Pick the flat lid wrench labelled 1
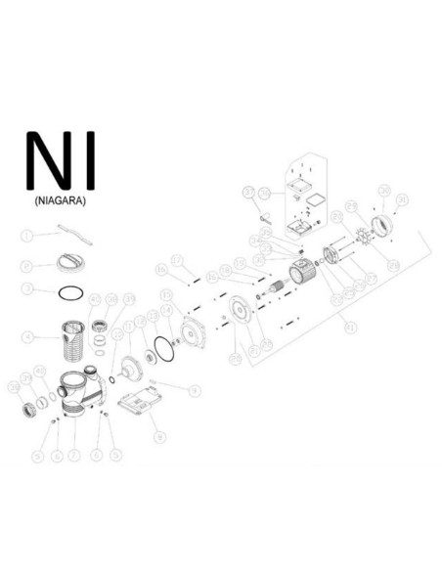(67, 232)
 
